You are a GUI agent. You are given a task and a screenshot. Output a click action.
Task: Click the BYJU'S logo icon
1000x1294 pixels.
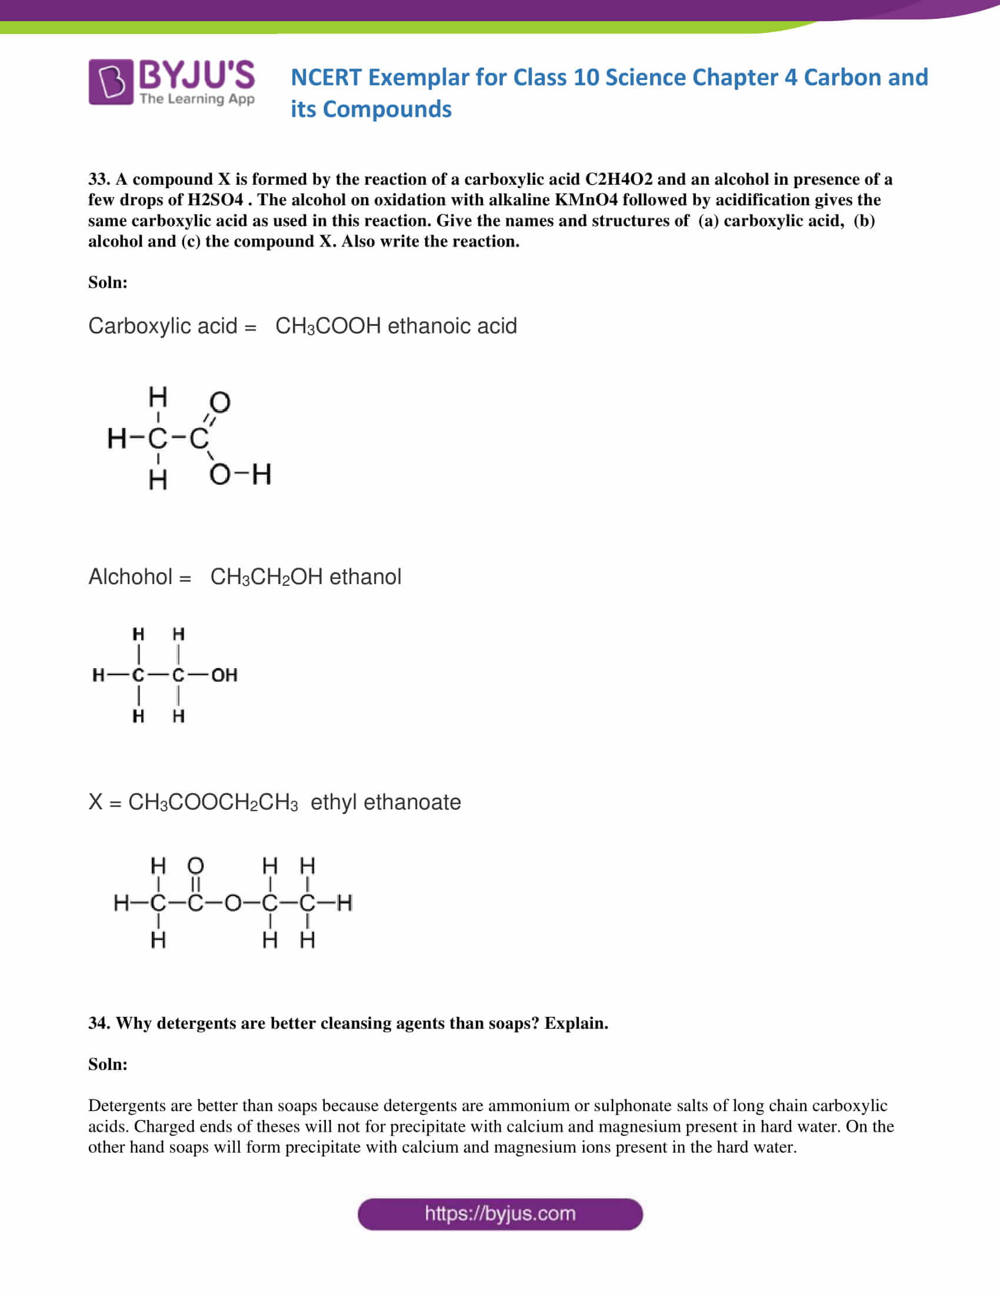pyautogui.click(x=111, y=82)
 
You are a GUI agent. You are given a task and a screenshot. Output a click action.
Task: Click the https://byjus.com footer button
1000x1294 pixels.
pyautogui.click(x=499, y=1214)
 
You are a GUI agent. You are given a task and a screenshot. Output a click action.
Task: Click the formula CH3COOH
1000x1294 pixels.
pyautogui.click(x=328, y=326)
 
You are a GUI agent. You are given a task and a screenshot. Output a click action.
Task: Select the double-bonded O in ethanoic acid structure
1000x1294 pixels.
pyautogui.click(x=219, y=403)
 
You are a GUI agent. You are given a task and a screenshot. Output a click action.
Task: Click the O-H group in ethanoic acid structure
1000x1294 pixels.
pyautogui.click(x=240, y=475)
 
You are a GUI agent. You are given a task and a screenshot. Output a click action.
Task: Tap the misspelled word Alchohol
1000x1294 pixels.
pyautogui.click(x=131, y=577)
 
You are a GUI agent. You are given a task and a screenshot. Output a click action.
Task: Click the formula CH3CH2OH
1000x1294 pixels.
pyautogui.click(x=266, y=577)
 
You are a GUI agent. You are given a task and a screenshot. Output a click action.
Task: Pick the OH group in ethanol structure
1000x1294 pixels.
pyautogui.click(x=224, y=675)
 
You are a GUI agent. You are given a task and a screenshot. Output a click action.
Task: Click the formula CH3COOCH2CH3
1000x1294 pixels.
pyautogui.click(x=213, y=802)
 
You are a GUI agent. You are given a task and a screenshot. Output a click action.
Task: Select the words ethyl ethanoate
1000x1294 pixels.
pyautogui.click(x=385, y=802)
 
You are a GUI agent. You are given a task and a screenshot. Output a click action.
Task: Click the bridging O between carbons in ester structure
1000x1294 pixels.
pyautogui.click(x=232, y=903)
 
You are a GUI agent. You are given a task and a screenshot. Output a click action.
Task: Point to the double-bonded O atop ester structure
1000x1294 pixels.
pyautogui.click(x=195, y=866)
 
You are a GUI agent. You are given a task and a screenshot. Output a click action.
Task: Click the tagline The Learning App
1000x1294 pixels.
pyautogui.click(x=196, y=99)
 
